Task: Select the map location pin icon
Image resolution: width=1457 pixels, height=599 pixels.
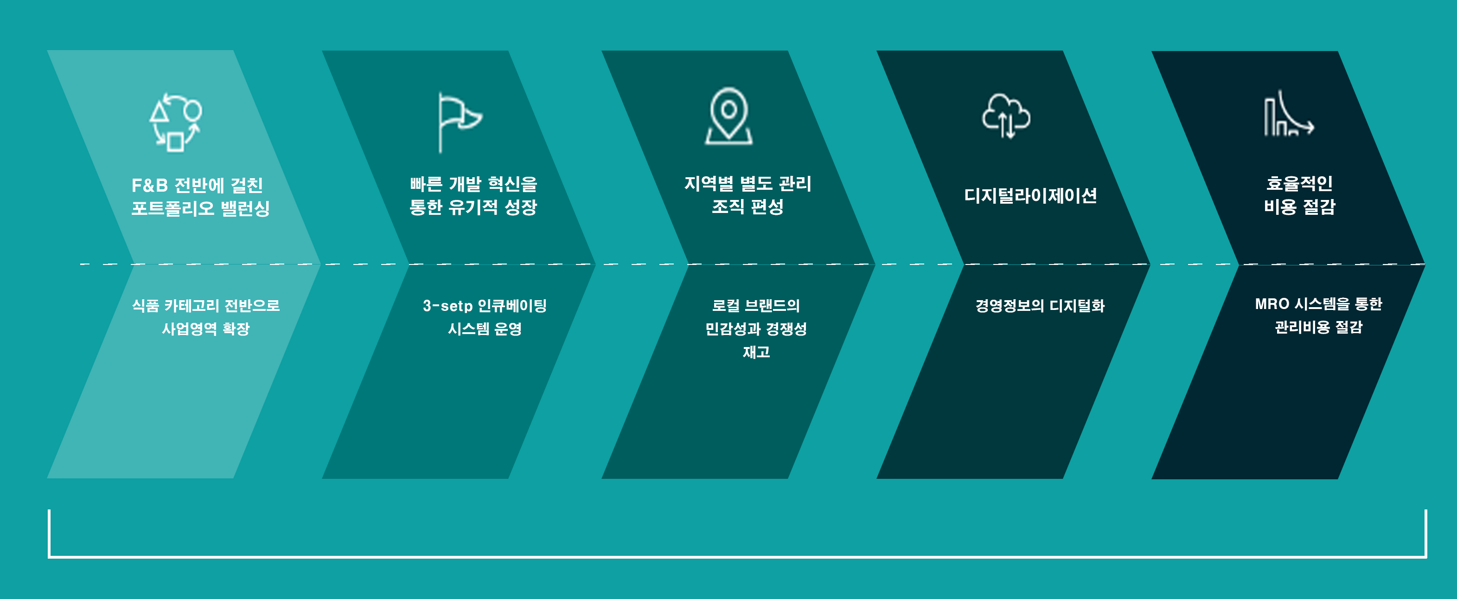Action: pos(728,116)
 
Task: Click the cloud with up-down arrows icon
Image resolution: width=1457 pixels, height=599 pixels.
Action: pos(1006,116)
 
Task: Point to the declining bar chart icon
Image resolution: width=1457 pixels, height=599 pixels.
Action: pos(1289,114)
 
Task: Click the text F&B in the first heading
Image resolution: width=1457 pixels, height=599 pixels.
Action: pos(150,185)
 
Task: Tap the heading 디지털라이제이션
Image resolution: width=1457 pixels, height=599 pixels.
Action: pos(1030,195)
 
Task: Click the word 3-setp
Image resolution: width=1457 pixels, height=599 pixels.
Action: pos(447,306)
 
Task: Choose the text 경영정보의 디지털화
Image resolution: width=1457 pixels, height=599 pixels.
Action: pos(1040,306)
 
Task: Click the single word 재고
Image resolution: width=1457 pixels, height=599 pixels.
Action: pos(756,352)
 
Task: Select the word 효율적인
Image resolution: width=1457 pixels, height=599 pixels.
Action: pos(1299,183)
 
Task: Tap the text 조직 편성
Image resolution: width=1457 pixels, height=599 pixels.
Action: pos(747,206)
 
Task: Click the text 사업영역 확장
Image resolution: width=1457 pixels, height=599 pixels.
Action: pos(206,329)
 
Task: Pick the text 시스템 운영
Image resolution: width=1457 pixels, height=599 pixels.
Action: pos(485,329)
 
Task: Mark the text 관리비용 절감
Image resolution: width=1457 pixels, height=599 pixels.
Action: pos(1318,327)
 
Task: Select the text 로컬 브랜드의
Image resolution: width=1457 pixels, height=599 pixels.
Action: pos(756,306)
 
